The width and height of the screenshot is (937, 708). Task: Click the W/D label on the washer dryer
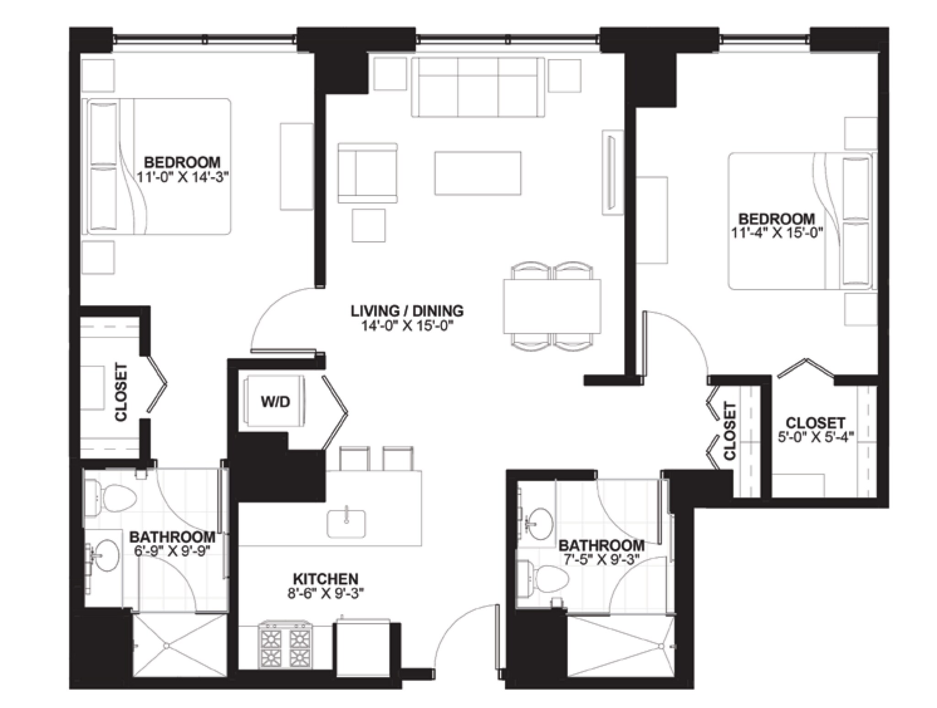[275, 402]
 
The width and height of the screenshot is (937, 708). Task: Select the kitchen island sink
[346, 523]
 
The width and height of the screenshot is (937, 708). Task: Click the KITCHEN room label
[325, 579]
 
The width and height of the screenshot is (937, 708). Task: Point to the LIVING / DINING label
[407, 311]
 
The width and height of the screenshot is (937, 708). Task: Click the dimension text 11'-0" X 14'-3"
[182, 177]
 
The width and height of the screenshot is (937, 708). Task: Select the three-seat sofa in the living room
[478, 87]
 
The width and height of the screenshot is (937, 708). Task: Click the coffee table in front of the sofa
[478, 173]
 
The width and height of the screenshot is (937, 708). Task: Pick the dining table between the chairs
[552, 306]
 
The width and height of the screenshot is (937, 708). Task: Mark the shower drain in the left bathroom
[167, 645]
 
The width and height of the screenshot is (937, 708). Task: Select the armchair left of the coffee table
[367, 173]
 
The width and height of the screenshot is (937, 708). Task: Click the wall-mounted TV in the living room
[611, 172]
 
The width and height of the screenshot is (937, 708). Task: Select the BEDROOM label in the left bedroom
[182, 162]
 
